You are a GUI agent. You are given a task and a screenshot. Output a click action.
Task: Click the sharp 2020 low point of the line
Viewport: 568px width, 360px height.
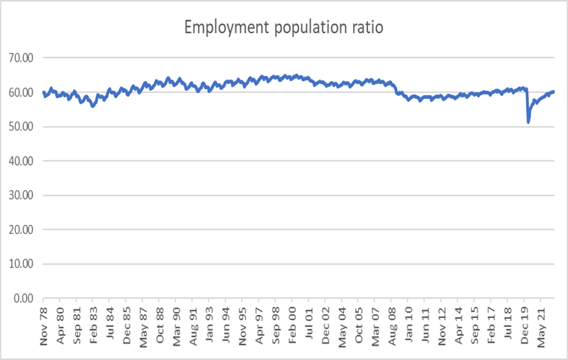(x=528, y=121)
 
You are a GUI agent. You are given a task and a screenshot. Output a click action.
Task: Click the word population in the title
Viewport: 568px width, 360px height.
(x=296, y=28)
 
